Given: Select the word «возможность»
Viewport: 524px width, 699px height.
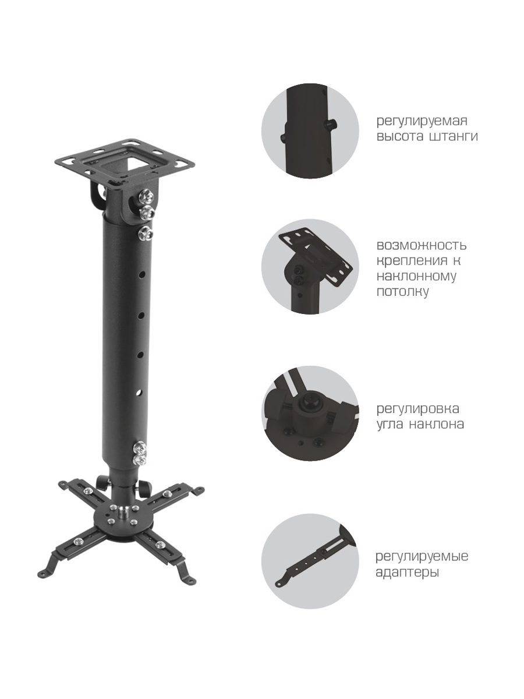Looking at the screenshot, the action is coord(422,246).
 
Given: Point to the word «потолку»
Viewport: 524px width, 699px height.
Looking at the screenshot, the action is coord(403,292).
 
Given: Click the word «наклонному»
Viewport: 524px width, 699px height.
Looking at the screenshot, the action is coord(416,276).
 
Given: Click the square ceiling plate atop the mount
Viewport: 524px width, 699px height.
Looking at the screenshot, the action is coord(125,159).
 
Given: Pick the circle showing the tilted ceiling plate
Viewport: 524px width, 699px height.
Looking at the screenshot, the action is coord(310,267).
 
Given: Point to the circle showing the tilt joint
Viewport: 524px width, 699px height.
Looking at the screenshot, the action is coord(310,414).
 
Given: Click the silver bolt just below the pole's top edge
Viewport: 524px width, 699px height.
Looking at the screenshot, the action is coord(145,233).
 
